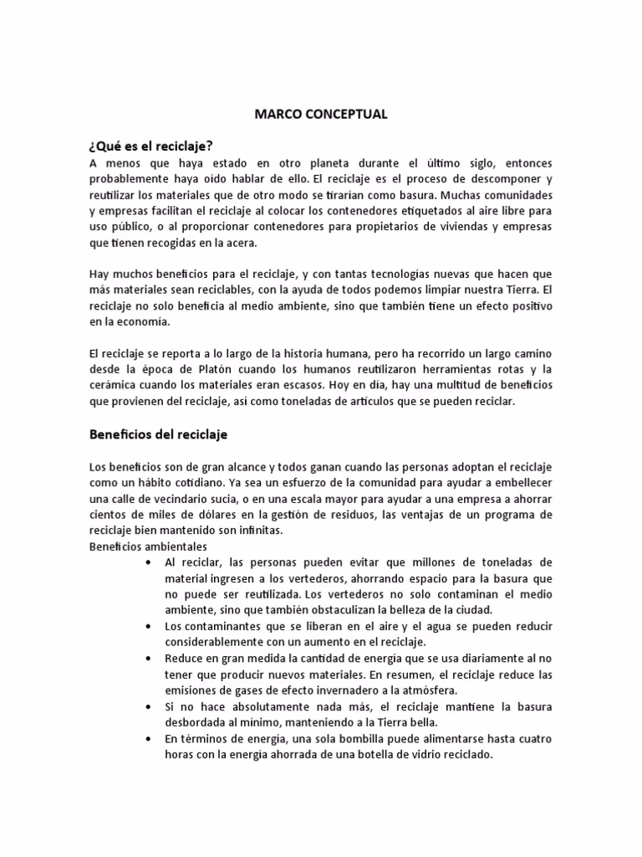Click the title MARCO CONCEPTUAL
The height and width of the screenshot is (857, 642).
(x=320, y=115)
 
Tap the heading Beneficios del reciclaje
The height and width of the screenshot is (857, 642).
(x=158, y=435)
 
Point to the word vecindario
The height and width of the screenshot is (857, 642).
(x=186, y=499)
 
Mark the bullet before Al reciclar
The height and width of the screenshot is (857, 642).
(x=148, y=562)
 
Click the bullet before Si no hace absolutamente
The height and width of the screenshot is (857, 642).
(x=148, y=707)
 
